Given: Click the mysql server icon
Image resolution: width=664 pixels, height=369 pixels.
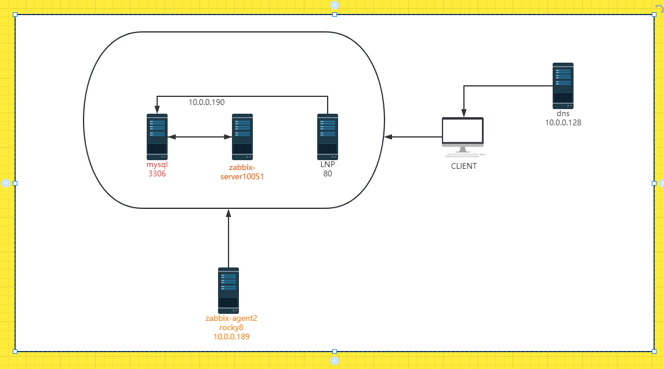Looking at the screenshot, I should (x=157, y=137).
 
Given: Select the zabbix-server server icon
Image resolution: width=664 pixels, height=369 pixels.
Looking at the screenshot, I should (x=242, y=137).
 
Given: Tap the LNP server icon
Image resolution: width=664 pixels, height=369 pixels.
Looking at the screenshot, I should (x=328, y=137).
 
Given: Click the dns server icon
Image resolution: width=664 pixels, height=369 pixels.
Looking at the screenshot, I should (x=563, y=86).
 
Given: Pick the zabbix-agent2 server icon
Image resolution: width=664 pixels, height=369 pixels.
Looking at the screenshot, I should (x=228, y=290).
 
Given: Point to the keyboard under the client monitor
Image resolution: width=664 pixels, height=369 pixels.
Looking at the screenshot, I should (x=462, y=155).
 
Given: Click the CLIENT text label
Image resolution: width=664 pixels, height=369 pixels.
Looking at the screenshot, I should (x=463, y=167).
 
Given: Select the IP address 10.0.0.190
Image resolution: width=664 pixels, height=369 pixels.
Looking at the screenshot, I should (x=206, y=102).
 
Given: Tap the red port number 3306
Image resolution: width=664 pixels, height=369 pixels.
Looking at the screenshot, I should (x=157, y=173).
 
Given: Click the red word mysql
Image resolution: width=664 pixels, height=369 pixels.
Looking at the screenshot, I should (x=157, y=165).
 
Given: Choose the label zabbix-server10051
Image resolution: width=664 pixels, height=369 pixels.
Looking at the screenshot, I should (x=242, y=172).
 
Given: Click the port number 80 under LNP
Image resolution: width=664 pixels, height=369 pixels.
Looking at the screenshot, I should (x=328, y=173).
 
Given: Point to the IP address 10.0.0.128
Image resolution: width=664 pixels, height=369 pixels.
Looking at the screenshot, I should (x=563, y=122).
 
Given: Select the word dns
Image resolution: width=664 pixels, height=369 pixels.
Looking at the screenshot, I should (x=563, y=114).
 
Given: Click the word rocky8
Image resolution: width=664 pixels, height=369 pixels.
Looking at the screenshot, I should (x=231, y=327).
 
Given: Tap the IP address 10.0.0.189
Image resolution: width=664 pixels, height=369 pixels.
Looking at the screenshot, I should (x=231, y=337).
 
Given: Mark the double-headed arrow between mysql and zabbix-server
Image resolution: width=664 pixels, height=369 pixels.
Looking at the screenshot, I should (x=199, y=137).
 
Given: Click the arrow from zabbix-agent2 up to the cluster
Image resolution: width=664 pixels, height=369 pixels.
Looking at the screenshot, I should (x=228, y=238).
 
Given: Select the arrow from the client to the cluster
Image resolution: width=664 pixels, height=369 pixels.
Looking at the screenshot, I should (x=413, y=137).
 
